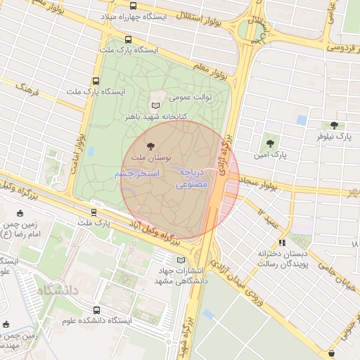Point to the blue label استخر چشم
[137, 174]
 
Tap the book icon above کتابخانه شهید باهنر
[166, 104]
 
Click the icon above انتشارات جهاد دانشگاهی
[181, 260]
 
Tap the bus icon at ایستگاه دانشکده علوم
[96, 309]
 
